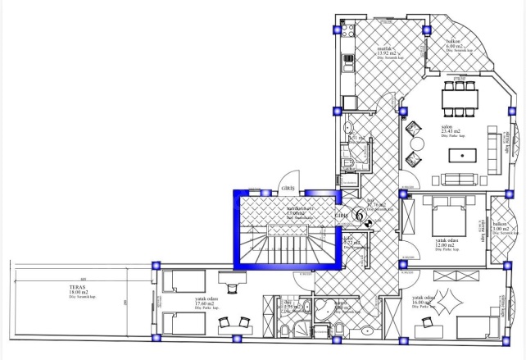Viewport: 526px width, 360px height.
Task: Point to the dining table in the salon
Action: (x=460, y=98)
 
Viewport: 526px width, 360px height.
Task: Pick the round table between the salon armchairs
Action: (x=418, y=145)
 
